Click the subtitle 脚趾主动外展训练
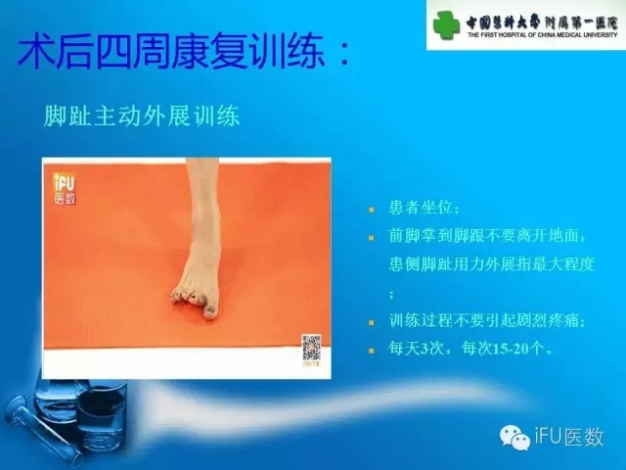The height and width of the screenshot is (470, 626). pos(142,116)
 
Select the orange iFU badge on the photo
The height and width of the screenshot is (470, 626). pos(65,187)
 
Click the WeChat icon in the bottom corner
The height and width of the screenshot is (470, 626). pos(512,437)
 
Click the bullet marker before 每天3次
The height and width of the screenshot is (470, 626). pos(373,349)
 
